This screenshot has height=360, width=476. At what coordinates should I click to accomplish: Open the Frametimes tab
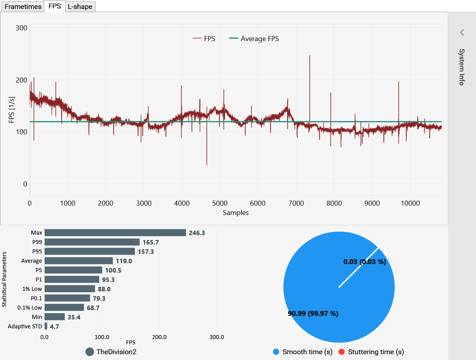[x=23, y=6]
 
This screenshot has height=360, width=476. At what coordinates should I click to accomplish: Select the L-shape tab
[x=80, y=6]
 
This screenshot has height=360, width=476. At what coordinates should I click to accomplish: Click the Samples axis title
[x=235, y=213]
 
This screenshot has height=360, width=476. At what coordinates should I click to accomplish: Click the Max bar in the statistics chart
[x=115, y=233]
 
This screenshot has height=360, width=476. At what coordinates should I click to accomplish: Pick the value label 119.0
[x=124, y=261]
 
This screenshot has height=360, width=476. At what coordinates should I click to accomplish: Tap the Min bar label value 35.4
[x=74, y=317]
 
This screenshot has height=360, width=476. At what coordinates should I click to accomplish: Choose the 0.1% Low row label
[x=29, y=307]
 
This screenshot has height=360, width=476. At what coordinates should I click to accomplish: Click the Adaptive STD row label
[x=25, y=327]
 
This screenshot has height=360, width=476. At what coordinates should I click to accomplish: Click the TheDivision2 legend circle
[x=90, y=352]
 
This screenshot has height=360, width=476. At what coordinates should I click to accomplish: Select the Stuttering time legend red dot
[x=342, y=352]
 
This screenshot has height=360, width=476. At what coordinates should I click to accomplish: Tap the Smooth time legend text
[x=308, y=352]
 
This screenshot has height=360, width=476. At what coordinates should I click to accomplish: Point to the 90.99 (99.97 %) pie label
[x=313, y=314]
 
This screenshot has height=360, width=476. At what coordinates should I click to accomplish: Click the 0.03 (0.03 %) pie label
[x=364, y=262]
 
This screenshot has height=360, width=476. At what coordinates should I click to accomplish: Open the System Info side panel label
[x=462, y=67]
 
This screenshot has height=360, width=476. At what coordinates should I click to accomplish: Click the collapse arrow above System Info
[x=462, y=32]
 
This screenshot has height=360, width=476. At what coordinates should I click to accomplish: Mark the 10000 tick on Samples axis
[x=410, y=203]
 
